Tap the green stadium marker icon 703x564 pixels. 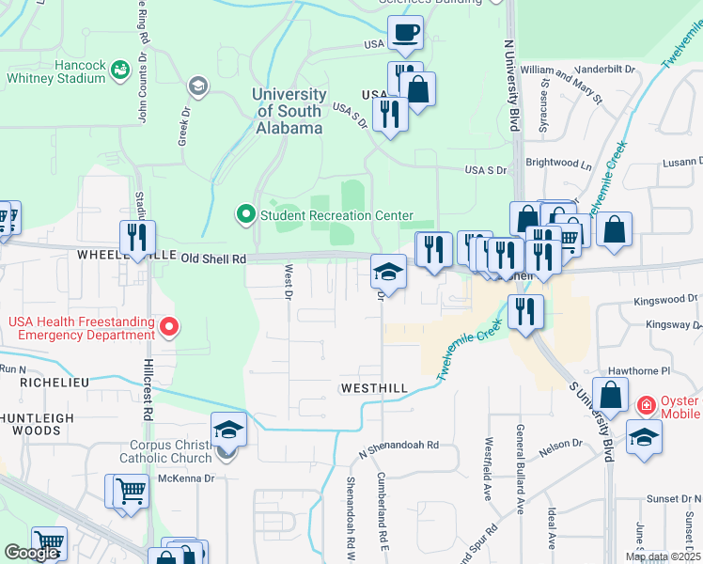tap(119, 70)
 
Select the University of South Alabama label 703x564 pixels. tap(288, 111)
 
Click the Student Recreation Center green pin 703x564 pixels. tap(246, 215)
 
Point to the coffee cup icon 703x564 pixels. tap(406, 34)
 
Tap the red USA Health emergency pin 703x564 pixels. tap(169, 327)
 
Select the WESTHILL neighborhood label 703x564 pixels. tap(375, 388)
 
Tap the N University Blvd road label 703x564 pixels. tap(512, 85)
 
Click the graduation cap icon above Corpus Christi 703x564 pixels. tap(229, 431)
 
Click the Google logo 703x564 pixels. tap(31, 553)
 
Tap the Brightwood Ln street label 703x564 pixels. tap(559, 163)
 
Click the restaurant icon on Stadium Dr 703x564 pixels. tap(137, 237)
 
